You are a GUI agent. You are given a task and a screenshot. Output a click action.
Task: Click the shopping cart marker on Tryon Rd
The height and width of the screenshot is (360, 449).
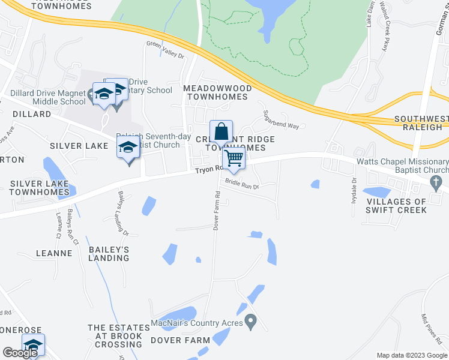pyautogui.click(x=233, y=159)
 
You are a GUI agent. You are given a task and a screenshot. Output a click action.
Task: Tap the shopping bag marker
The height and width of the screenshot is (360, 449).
pyautogui.click(x=220, y=131)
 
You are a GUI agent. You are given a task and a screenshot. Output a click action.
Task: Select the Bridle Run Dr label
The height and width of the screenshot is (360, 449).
pyautogui.click(x=241, y=185)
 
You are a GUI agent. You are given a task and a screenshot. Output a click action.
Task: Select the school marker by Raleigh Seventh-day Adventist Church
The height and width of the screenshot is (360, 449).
pyautogui.click(x=128, y=148)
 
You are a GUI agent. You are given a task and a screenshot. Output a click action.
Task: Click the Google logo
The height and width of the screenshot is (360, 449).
pyautogui.click(x=20, y=353)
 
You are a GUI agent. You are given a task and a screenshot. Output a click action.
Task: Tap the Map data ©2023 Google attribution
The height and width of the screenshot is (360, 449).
pyautogui.click(x=411, y=355)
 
